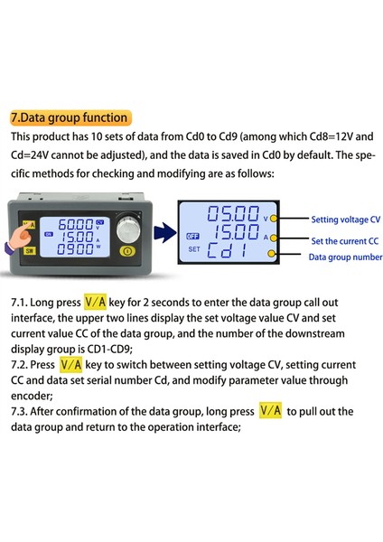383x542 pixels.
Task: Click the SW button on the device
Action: point(29,252)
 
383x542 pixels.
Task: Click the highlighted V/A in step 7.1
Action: point(95,304)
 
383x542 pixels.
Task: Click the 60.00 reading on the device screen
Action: point(73,222)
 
